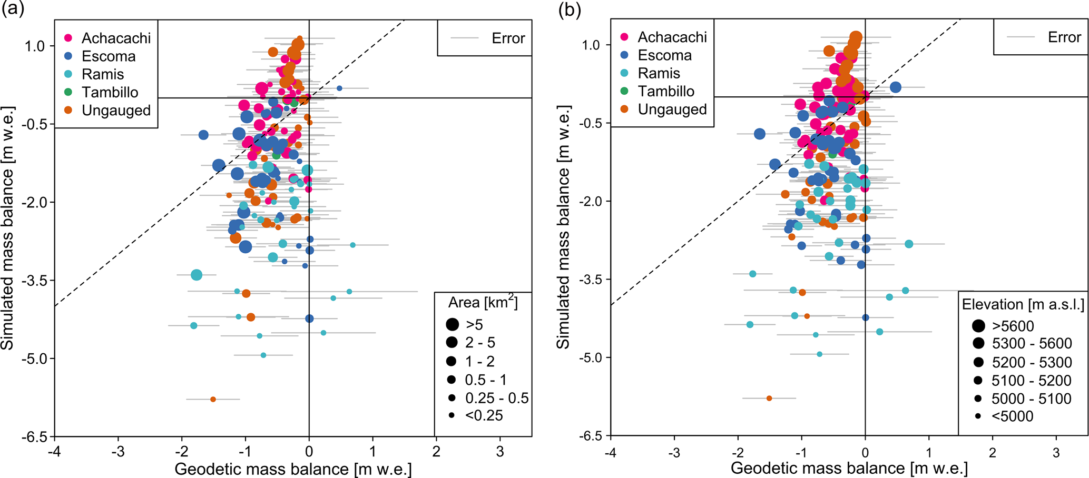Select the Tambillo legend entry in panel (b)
click(x=666, y=91)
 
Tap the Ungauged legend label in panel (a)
click(x=116, y=110)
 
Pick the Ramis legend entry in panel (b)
click(x=659, y=73)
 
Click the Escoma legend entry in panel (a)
click(x=109, y=56)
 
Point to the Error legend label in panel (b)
click(x=1064, y=37)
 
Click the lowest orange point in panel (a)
click(x=213, y=400)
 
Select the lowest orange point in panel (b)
click(x=769, y=399)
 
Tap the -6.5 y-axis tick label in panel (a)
click(x=35, y=436)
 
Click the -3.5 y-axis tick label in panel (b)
click(x=591, y=280)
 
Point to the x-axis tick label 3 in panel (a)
click(x=500, y=452)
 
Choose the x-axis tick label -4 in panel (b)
click(x=611, y=452)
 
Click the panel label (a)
click(x=13, y=9)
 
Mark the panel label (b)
click(x=570, y=9)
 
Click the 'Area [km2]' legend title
click(x=483, y=303)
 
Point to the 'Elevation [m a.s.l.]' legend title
click(x=1023, y=304)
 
